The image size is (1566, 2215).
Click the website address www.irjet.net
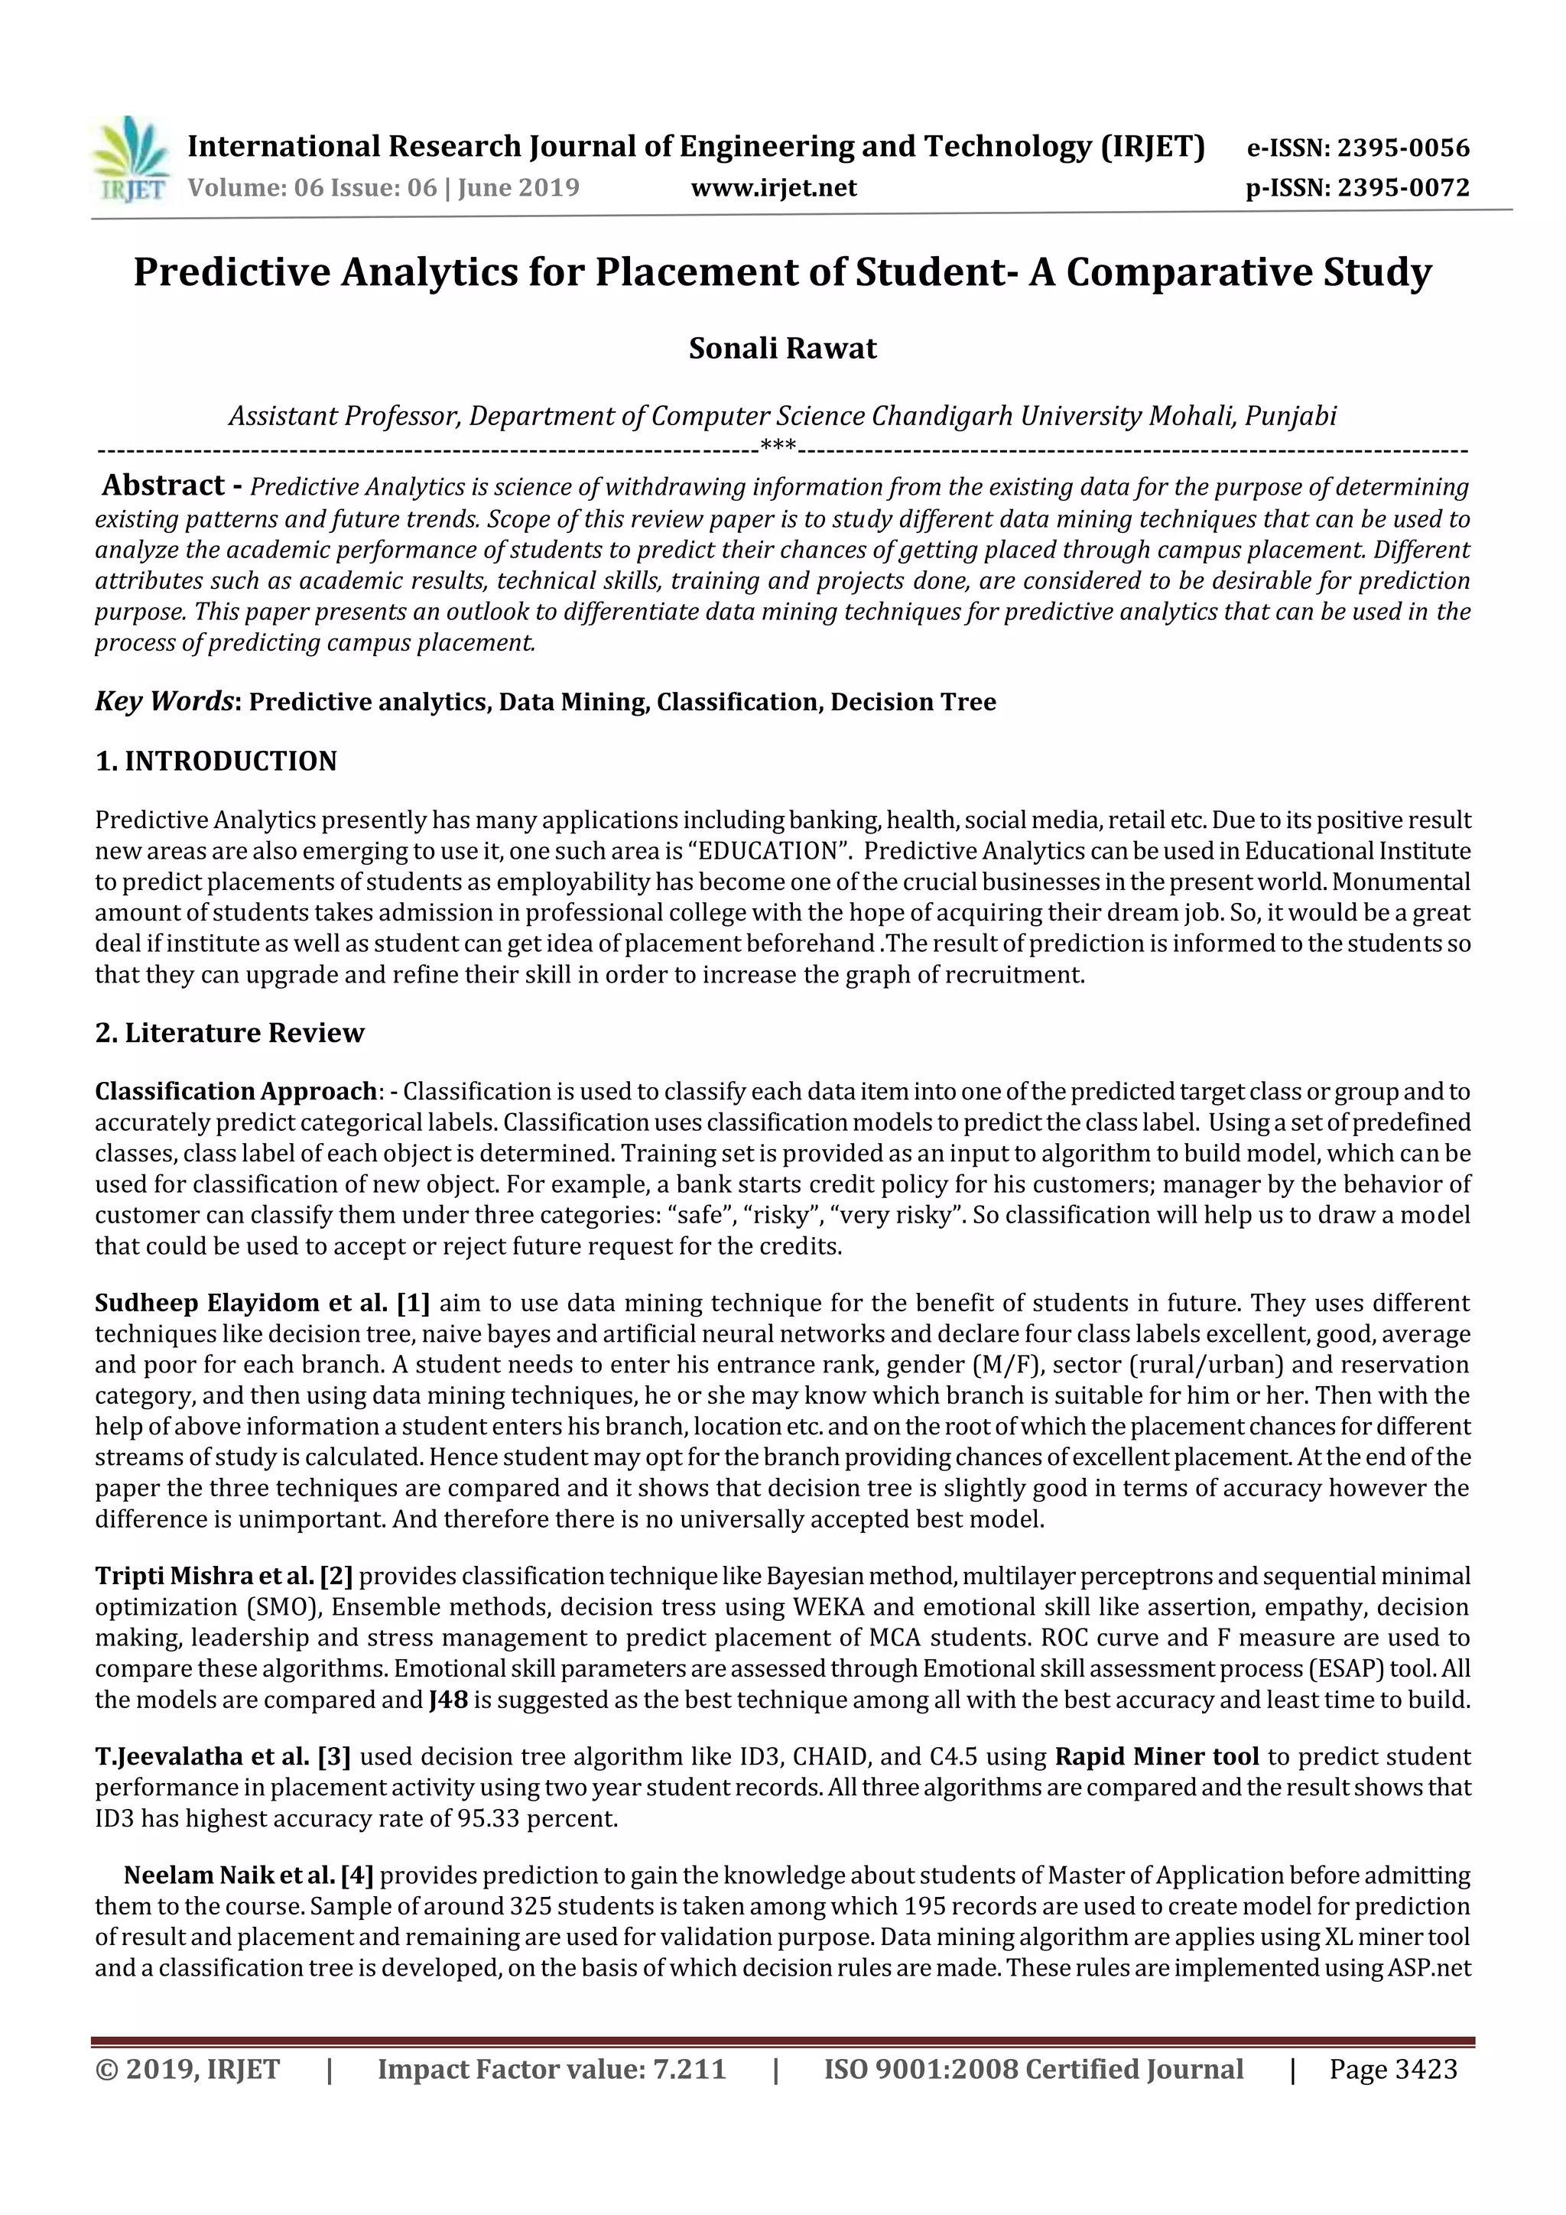pyautogui.click(x=773, y=187)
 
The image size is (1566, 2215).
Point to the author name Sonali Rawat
pyautogui.click(x=781, y=348)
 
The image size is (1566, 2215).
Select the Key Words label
pyautogui.click(x=164, y=701)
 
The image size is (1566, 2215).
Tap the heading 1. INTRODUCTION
pyautogui.click(x=216, y=762)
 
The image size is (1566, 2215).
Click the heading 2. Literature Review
pyautogui.click(x=229, y=1032)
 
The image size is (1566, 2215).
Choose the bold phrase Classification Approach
pyautogui.click(x=235, y=1091)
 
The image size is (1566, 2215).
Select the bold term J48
pyautogui.click(x=448, y=1700)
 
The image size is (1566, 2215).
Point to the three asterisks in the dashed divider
pyautogui.click(x=778, y=446)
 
